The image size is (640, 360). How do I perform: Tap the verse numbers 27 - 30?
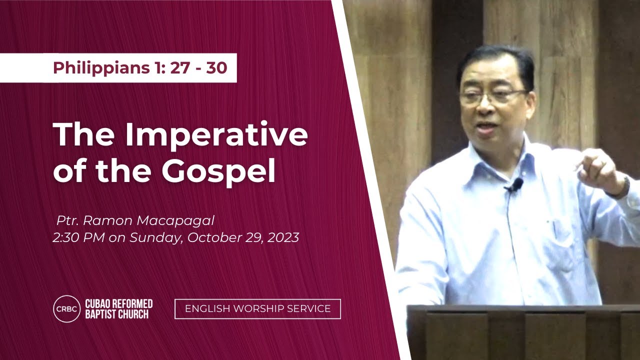click(198, 68)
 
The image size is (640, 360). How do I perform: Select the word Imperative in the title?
click(216, 134)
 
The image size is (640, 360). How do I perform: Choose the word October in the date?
click(210, 238)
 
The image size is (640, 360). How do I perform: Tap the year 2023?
click(283, 238)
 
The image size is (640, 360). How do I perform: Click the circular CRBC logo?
click(66, 308)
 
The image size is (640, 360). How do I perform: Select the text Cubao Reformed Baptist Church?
click(118, 308)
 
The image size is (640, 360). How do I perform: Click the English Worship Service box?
click(257, 308)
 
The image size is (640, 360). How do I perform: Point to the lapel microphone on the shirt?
click(515, 185)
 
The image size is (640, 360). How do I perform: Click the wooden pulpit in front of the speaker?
click(522, 332)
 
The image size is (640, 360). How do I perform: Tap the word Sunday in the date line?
click(155, 238)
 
